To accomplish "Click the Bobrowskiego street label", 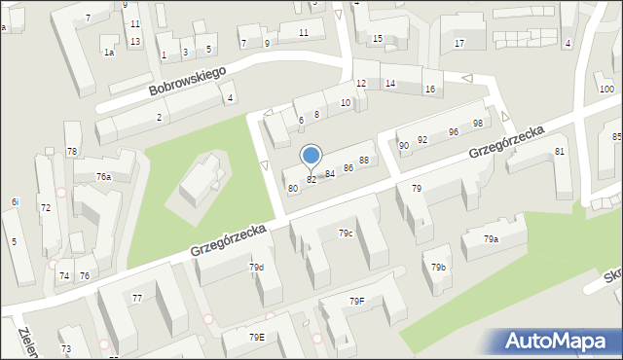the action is (187, 81).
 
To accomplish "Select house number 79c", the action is (346, 234).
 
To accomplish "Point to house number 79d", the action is (256, 267).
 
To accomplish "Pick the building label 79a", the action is (492, 238).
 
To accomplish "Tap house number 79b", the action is (439, 267).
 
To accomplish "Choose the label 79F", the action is (357, 301).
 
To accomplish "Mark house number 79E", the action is (256, 337).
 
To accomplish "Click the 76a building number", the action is (103, 177).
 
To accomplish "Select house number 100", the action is (606, 90).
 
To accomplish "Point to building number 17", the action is (459, 43).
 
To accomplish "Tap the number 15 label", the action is (378, 38).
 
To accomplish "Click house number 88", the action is (364, 160).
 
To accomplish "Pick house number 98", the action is (478, 123).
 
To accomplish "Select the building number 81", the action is (560, 151).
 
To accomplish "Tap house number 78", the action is (72, 151).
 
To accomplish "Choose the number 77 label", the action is (137, 298).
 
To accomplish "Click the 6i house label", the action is (15, 201).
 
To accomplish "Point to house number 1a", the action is (109, 53).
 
